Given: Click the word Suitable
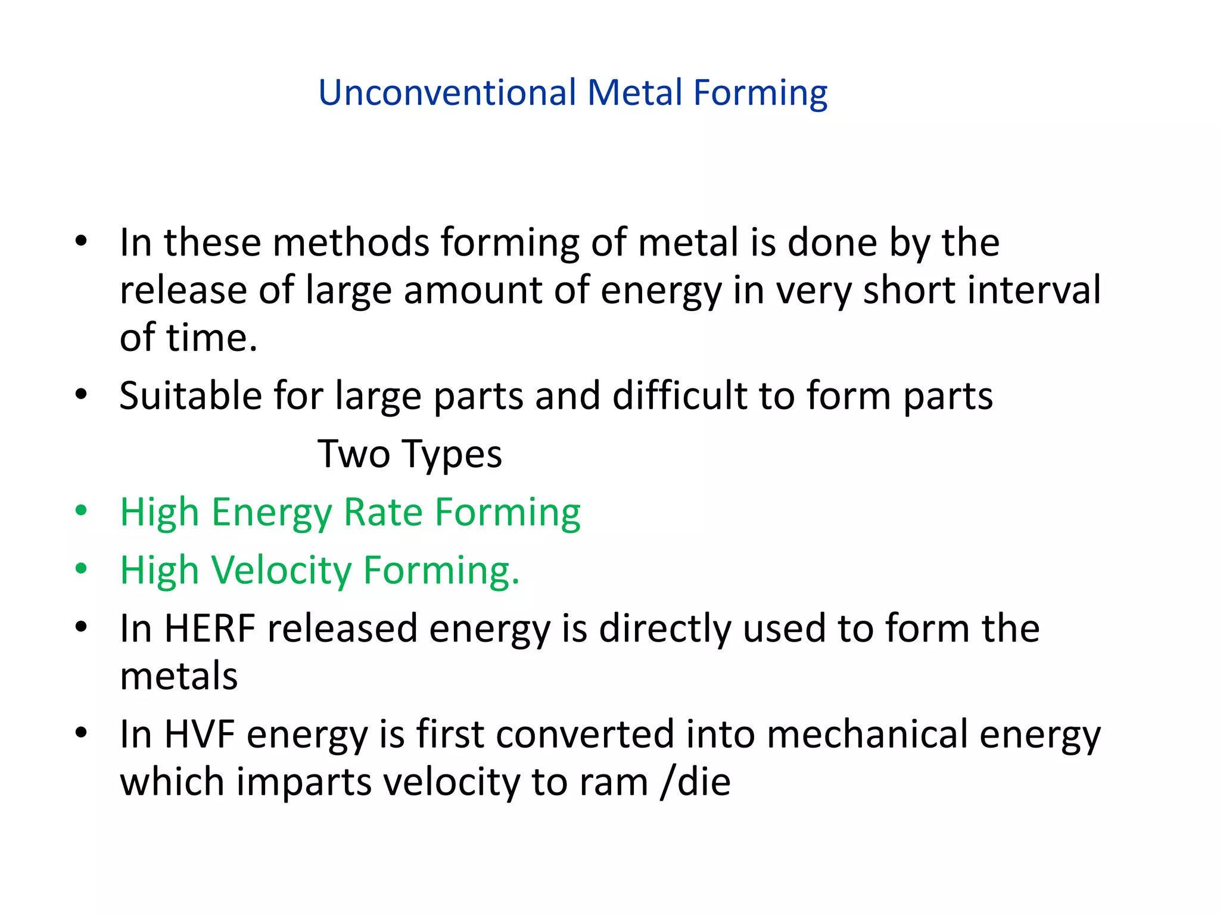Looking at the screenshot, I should click(190, 396).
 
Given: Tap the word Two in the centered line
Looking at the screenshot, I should click(354, 454).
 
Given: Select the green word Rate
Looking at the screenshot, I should click(383, 512).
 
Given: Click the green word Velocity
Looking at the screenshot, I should click(281, 571).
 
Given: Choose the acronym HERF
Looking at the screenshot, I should click(210, 628).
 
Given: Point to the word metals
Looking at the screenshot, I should click(179, 676).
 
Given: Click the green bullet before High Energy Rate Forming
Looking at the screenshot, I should click(82, 511).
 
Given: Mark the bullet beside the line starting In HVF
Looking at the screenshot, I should click(82, 733).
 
